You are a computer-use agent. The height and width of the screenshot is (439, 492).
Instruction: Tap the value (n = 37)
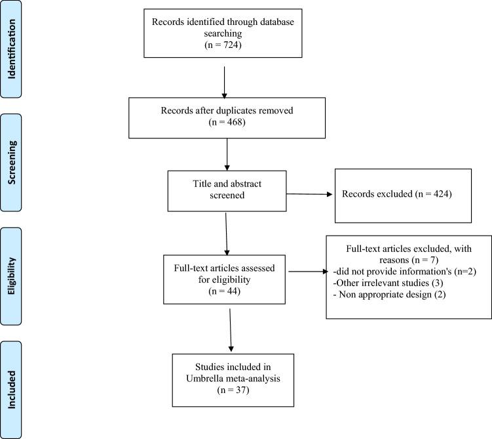[x=225, y=390]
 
